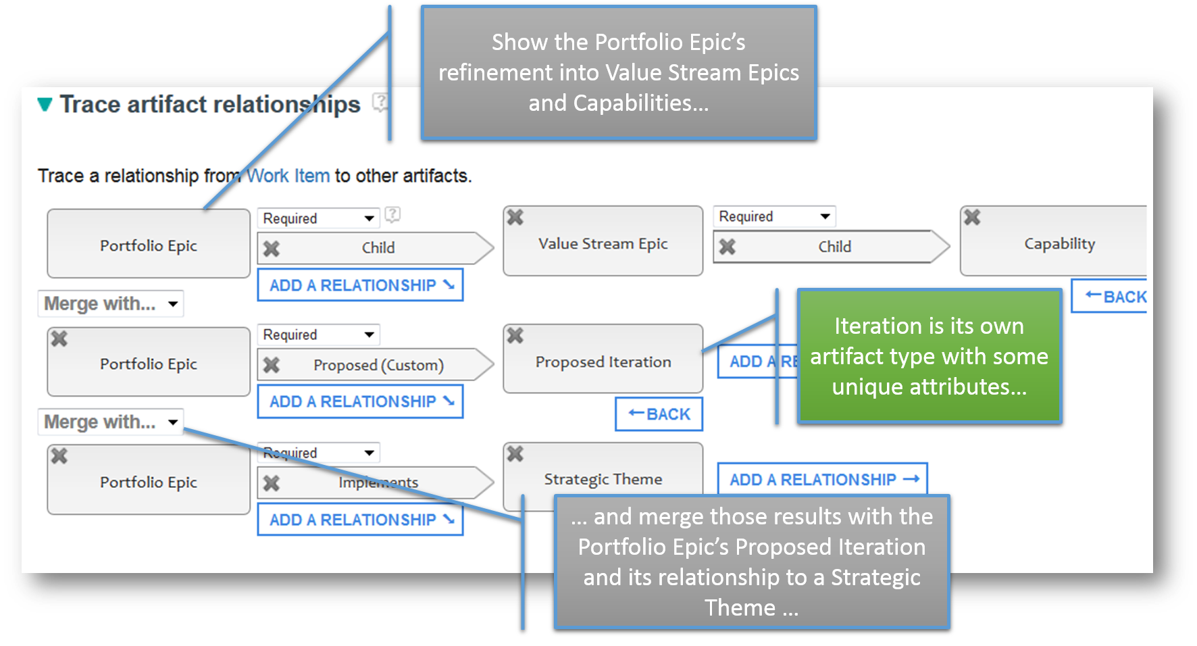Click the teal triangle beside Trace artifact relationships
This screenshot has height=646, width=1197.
pos(45,105)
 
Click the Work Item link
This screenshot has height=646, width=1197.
pos(288,176)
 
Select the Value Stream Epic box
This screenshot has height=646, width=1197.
pos(603,241)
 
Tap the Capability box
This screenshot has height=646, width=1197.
pos(1054,241)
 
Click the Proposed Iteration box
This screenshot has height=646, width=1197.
pos(603,359)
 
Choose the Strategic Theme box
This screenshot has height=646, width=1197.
pos(603,476)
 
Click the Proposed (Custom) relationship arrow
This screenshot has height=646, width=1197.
pos(376,365)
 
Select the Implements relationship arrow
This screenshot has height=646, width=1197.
pos(376,482)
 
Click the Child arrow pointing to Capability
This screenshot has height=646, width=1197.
pos(832,247)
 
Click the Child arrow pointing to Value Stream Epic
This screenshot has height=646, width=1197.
pos(376,248)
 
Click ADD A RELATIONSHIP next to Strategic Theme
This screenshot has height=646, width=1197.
pos(823,479)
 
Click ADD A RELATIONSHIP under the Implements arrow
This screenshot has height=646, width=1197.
pos(361,520)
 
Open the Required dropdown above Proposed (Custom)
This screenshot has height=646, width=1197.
pos(319,334)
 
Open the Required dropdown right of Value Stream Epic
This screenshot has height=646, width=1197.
pos(775,216)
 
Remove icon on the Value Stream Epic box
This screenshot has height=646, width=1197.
pos(515,218)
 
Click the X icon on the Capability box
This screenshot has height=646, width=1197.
pos(972,218)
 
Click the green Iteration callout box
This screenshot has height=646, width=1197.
pos(929,356)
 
